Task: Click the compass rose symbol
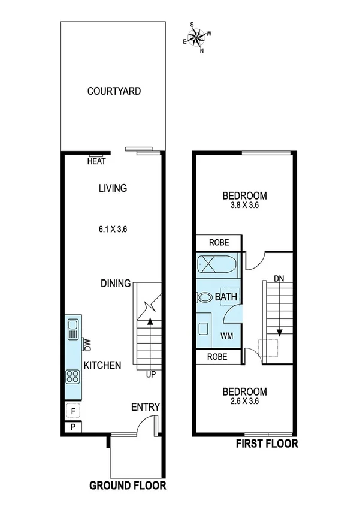197,38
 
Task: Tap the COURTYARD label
114,92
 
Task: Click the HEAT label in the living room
96,161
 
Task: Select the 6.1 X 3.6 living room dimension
114,228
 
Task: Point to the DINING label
116,283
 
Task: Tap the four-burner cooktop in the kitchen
73,377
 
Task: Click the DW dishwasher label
87,345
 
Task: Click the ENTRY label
145,408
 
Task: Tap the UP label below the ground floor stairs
150,375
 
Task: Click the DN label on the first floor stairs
279,279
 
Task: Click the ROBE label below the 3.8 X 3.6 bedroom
219,243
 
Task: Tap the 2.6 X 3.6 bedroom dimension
244,402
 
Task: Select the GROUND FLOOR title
127,485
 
